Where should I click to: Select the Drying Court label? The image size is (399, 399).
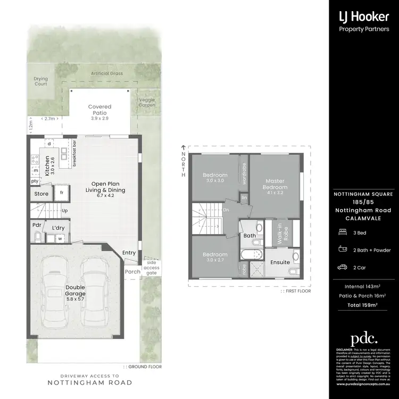click(40, 81)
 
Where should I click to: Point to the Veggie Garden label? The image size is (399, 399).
click(147, 102)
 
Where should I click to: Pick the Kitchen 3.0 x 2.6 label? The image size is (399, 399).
click(49, 165)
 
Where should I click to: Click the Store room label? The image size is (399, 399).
click(41, 194)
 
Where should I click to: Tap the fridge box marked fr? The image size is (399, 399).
click(62, 193)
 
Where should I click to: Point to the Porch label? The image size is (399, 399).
click(132, 271)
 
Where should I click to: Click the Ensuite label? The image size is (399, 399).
click(280, 262)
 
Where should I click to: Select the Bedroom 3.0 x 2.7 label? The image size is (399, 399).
click(215, 257)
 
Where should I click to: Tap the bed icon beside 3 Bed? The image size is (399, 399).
click(342, 232)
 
